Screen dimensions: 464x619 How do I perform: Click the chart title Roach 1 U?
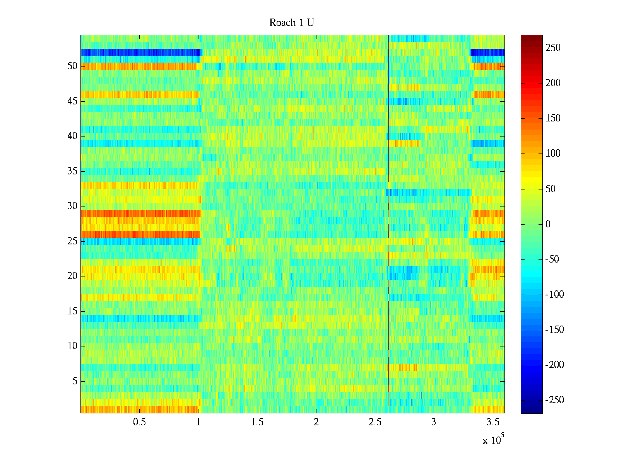(291, 23)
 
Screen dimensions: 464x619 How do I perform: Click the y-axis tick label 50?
(72, 66)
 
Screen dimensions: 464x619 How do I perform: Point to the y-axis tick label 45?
(72, 101)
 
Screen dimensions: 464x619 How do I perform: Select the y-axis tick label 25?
(72, 241)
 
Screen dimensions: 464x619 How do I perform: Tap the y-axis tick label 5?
(75, 381)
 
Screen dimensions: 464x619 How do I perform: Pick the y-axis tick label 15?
(72, 311)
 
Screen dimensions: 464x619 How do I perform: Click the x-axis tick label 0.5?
(139, 422)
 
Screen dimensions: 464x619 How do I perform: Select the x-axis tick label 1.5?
(257, 422)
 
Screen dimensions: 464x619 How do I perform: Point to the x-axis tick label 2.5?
(374, 422)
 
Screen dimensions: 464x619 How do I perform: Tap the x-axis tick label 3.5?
(492, 422)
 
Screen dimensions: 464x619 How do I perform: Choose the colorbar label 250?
(553, 48)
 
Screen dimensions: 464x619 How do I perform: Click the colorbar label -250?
(554, 400)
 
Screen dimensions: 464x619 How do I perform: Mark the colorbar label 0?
(548, 224)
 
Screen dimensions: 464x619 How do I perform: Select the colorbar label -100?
(554, 295)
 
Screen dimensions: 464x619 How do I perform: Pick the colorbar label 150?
(553, 118)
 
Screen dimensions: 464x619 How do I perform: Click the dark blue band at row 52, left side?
(139, 52)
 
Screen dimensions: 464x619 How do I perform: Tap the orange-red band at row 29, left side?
(139, 213)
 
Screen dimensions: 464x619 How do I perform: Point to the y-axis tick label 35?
(72, 171)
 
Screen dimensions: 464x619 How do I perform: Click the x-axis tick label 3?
(433, 422)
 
